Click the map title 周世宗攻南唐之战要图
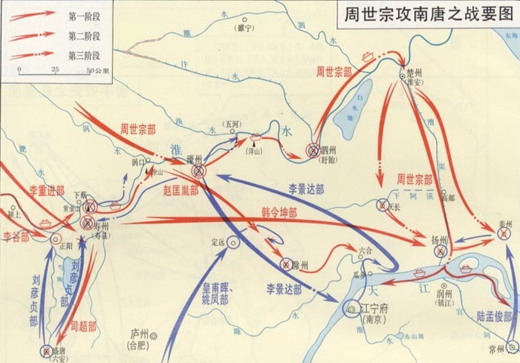[425, 14]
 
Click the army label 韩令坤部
[279, 212]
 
